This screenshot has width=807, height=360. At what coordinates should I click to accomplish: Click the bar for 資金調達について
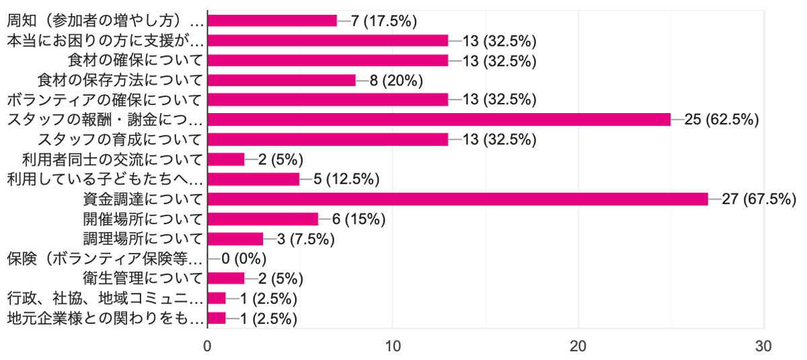pos(457,199)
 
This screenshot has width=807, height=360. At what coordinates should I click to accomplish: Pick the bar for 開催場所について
pos(263,219)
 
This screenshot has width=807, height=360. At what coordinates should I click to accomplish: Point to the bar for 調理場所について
pos(235,239)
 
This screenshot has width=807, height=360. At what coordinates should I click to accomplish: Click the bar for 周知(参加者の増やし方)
pos(272,21)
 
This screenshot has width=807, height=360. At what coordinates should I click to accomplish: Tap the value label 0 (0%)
pos(244,258)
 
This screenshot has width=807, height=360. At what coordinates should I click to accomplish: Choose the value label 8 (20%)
pos(395,80)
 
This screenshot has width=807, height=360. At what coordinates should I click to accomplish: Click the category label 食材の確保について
pos(140,61)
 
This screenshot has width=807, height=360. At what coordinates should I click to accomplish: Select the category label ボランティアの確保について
pos(104,100)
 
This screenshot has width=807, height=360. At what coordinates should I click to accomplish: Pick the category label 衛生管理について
pos(140,279)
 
